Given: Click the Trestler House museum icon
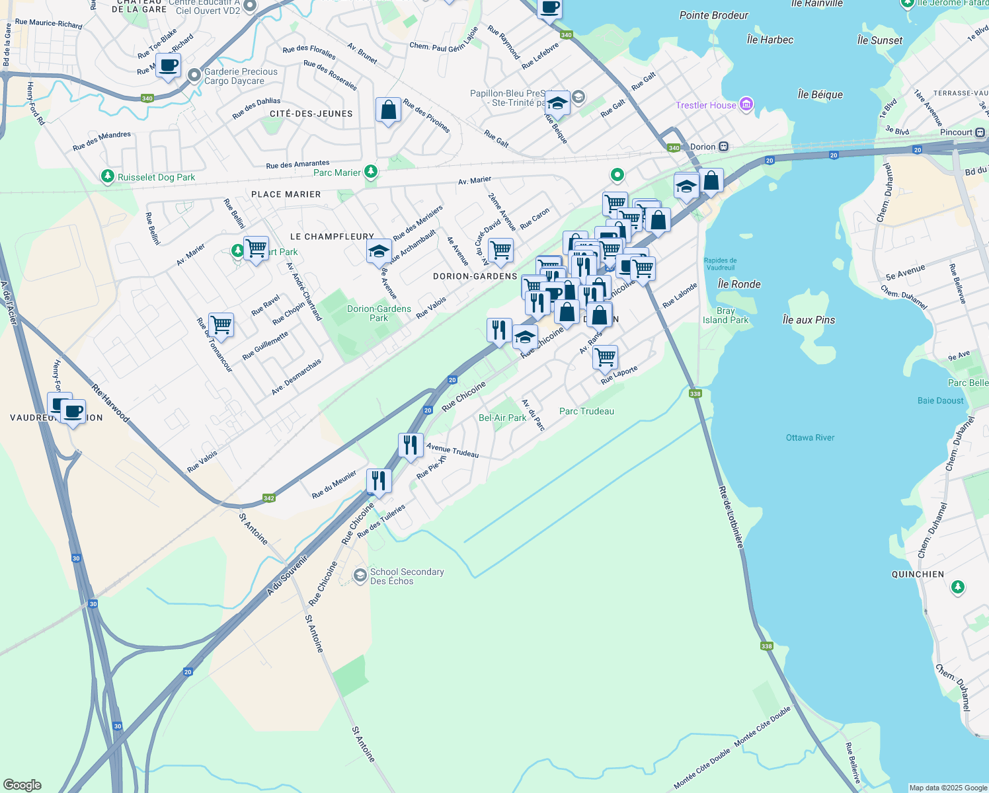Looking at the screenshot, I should click(x=746, y=104).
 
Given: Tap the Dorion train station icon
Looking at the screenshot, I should click(x=724, y=147).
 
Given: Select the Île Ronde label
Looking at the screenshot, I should click(x=739, y=284).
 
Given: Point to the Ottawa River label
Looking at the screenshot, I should click(x=810, y=437).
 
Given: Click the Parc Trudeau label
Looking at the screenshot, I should click(x=586, y=411).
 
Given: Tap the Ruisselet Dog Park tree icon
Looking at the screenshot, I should click(x=107, y=176).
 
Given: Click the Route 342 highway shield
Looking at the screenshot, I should click(x=268, y=498).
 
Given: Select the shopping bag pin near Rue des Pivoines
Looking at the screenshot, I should click(x=388, y=110).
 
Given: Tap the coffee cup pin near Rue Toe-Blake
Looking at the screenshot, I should click(x=168, y=66).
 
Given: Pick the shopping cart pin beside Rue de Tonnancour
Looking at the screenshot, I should click(x=221, y=325).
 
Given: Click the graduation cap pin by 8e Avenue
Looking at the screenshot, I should click(x=379, y=252).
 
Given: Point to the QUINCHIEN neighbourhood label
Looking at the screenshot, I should click(x=918, y=574).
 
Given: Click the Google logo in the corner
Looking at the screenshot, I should click(x=22, y=784).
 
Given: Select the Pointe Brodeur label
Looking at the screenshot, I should click(x=713, y=15).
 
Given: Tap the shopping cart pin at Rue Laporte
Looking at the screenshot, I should click(x=605, y=358).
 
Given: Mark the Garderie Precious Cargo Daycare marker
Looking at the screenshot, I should click(x=194, y=75).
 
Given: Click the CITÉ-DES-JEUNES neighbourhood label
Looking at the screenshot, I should click(x=311, y=114).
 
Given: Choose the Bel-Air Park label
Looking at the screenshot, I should click(x=502, y=418).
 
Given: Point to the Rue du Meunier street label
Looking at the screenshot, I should click(x=334, y=484).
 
